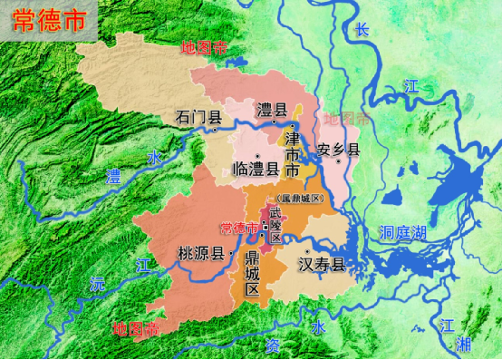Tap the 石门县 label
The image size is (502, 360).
198,117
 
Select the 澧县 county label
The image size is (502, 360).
272,110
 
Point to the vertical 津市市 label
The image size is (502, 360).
292,153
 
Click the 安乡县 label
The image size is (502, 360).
339,150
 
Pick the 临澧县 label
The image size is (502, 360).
256,168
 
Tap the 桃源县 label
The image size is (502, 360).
200,254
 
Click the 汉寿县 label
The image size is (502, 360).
323,264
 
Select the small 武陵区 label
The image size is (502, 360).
275,223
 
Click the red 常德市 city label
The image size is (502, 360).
238,229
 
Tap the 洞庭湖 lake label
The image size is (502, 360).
404,232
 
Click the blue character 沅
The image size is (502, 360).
96,284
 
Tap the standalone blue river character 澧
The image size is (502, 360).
114,175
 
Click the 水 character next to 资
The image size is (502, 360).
317,326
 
